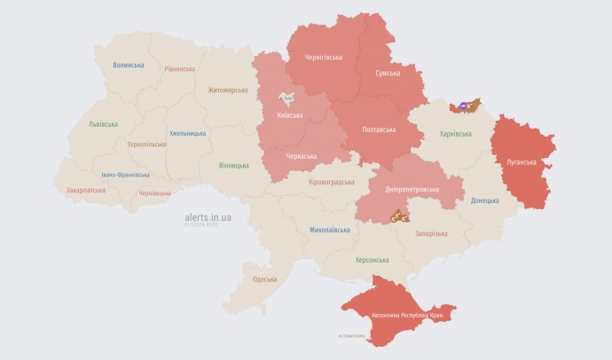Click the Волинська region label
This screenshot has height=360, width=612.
coord(129,65)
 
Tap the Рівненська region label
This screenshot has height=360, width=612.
coord(179,69)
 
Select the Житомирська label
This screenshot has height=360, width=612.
coord(229,90)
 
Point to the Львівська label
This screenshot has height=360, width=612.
coord(103,124)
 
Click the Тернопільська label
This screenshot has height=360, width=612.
coord(146,144)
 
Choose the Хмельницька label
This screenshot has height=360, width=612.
coord(187,133)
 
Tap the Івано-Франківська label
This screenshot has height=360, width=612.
coord(125,175)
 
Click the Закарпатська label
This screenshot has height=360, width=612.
coord(85,190)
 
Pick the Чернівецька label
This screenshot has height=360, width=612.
coord(154,193)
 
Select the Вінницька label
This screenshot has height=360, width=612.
coord(233,166)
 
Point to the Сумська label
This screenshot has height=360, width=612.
coord(387,73)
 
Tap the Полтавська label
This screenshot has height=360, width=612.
coord(380,129)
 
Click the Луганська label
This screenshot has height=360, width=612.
coord(521,162)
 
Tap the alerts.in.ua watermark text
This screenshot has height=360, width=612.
coord(208,216)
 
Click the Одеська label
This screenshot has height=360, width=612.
coord(264,279)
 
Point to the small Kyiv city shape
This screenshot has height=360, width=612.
coord(287,100)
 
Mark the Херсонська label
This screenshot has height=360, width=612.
coord(371,260)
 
